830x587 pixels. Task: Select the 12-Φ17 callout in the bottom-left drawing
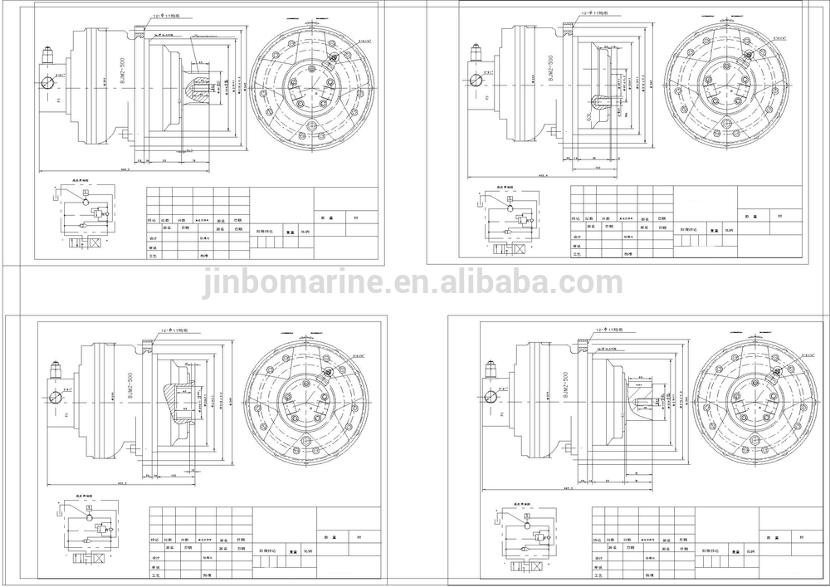pos(169,330)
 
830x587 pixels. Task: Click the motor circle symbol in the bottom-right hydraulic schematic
pos(529,525)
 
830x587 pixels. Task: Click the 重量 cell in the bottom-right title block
pos(735,550)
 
